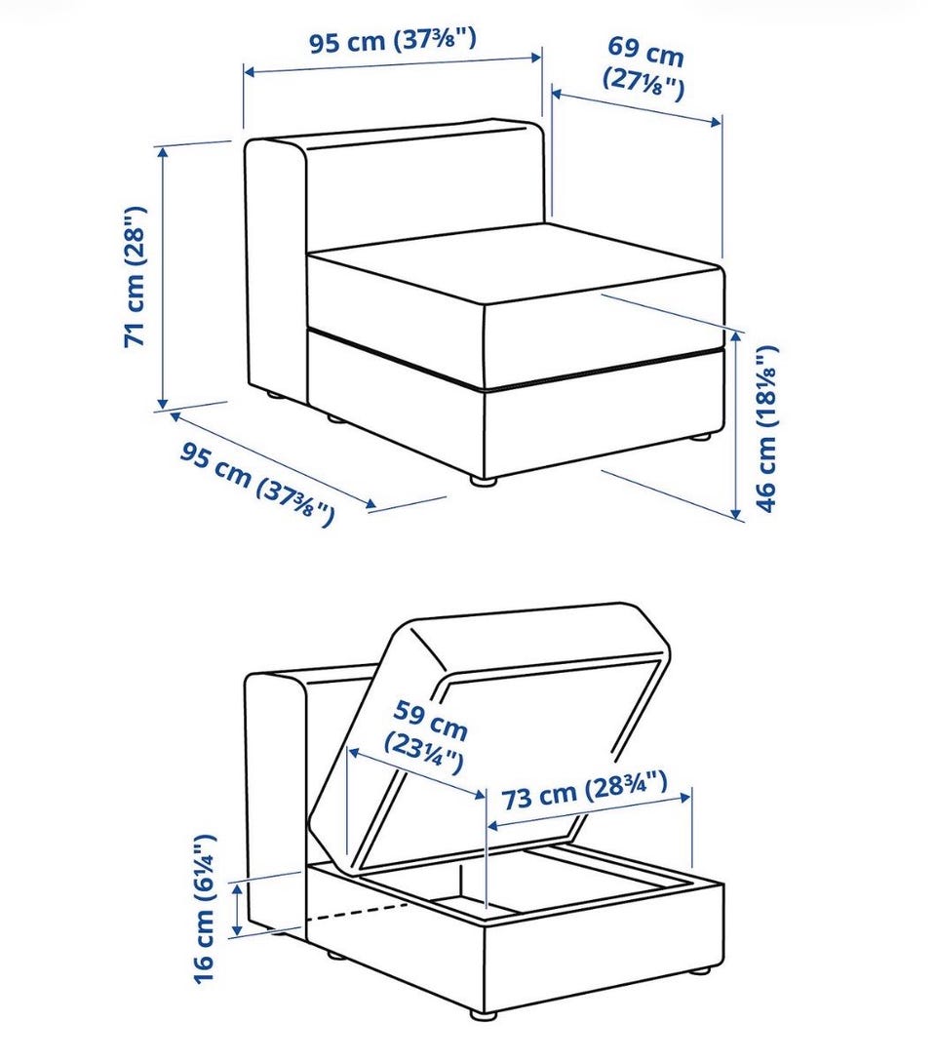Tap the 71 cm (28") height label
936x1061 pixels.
coord(135,276)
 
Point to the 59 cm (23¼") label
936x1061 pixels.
coord(427,737)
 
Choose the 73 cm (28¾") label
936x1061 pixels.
coord(584,790)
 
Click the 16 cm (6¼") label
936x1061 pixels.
coord(204,908)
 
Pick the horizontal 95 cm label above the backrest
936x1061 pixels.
coord(393,41)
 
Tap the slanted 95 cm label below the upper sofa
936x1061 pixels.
coord(257,483)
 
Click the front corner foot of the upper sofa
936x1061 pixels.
coord(483,481)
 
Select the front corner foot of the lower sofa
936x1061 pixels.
coord(483,1015)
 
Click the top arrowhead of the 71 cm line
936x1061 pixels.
coord(162,153)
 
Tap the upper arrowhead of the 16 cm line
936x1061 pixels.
coord(237,889)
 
